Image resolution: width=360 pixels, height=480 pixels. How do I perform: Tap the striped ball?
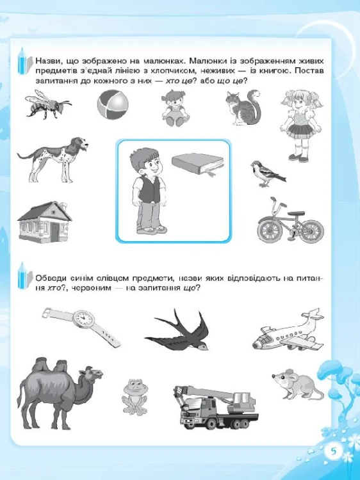(113, 105)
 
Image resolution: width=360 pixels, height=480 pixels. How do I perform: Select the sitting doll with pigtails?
(176, 108)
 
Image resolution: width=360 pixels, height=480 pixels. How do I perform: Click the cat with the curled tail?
(243, 107)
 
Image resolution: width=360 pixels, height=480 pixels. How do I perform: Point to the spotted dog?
(53, 159)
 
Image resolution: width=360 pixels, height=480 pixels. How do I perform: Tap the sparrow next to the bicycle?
(267, 173)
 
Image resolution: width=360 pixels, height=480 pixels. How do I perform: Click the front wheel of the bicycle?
(269, 230)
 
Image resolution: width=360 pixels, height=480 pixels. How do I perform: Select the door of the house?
(55, 232)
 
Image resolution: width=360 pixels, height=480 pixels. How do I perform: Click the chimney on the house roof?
(63, 205)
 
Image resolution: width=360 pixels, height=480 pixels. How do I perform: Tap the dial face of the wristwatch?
(84, 318)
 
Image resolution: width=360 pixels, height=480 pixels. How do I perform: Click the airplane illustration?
(288, 331)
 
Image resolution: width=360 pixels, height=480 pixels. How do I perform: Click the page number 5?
(333, 452)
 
